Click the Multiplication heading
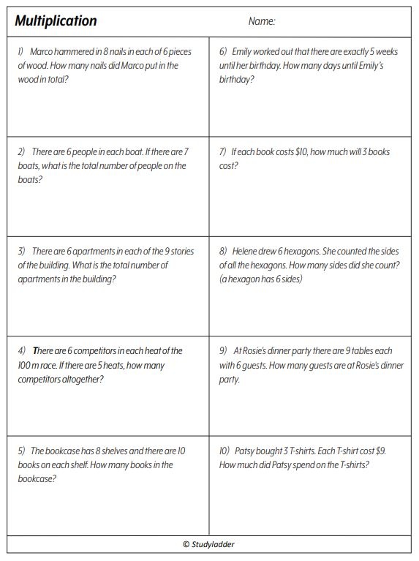pyautogui.click(x=56, y=21)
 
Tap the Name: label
pyautogui.click(x=262, y=22)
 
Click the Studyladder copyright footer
pyautogui.click(x=209, y=544)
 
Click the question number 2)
pyautogui.click(x=22, y=152)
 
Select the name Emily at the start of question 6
pyautogui.click(x=245, y=52)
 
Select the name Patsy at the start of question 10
pyautogui.click(x=249, y=451)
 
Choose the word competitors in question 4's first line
pyautogui.click(x=102, y=351)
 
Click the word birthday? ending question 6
pyautogui.click(x=237, y=79)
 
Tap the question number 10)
pyautogui.click(x=224, y=451)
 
